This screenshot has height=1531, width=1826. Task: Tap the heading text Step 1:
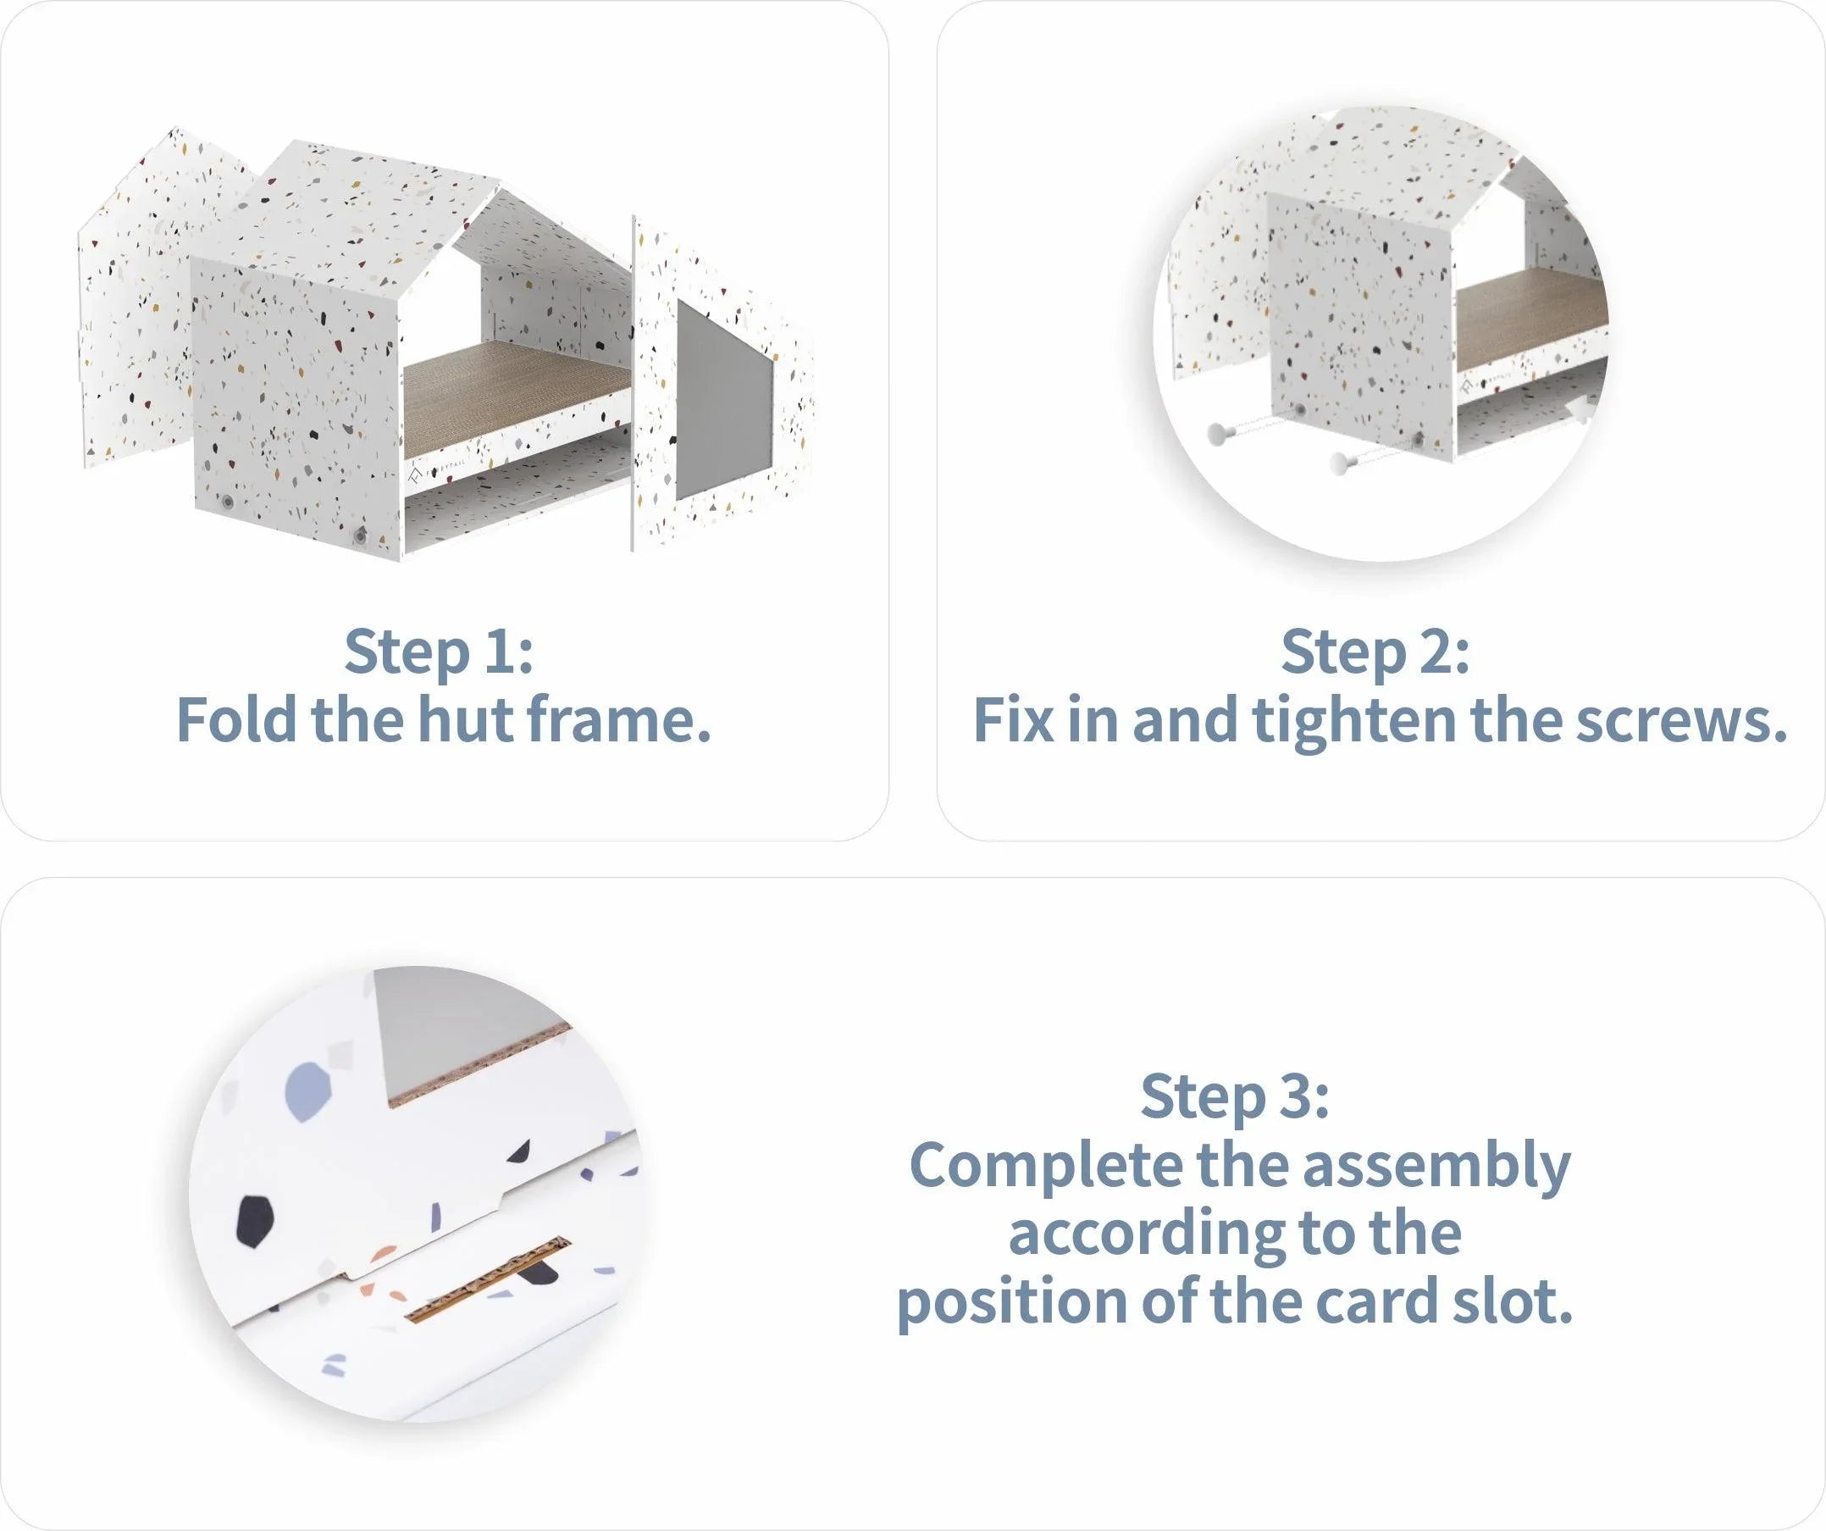tap(439, 651)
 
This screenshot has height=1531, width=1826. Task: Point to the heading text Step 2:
tap(1375, 651)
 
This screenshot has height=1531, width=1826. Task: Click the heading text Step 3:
tap(1235, 1096)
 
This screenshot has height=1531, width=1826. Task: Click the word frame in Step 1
tap(619, 720)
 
